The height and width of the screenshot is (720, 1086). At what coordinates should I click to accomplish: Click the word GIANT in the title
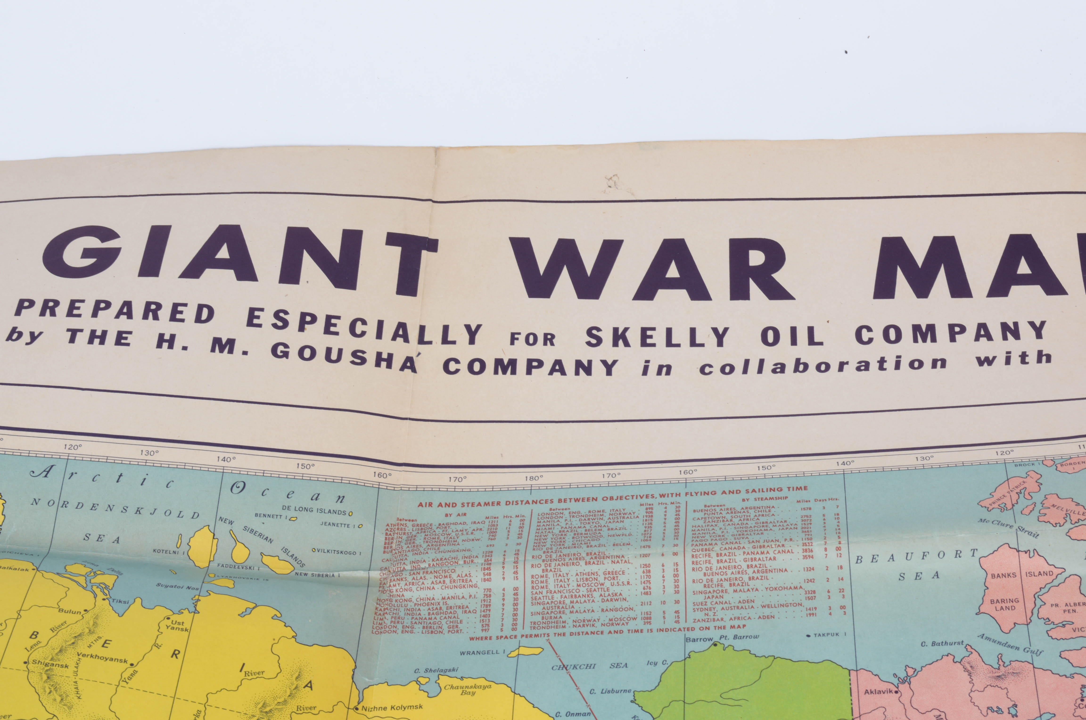pos(239,257)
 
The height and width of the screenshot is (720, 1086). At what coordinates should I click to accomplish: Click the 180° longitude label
pos(534,478)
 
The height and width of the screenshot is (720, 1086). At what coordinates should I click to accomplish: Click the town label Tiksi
pos(121,601)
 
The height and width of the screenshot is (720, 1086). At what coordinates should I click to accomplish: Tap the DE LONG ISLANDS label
pos(314,511)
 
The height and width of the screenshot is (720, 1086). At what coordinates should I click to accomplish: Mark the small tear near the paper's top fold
pos(613,181)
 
